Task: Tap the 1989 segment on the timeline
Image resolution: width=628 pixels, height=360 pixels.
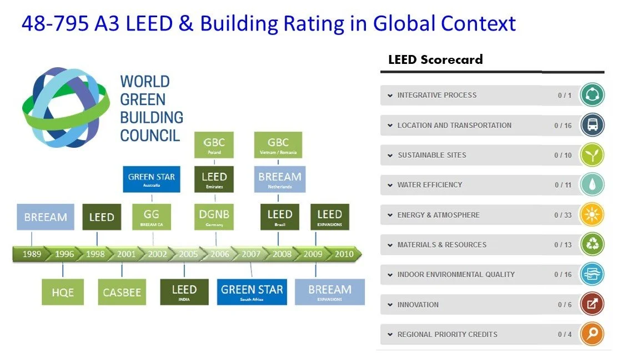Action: (x=32, y=254)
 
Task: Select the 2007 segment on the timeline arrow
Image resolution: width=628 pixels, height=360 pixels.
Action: (x=251, y=254)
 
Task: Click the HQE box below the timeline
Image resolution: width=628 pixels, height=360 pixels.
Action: (x=63, y=292)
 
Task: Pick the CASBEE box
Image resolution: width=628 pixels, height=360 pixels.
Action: (x=122, y=292)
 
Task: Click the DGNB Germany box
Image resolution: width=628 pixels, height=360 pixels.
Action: (x=214, y=217)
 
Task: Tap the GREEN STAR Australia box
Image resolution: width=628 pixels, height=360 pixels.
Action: (x=152, y=179)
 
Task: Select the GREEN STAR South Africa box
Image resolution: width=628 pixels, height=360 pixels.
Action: (x=252, y=292)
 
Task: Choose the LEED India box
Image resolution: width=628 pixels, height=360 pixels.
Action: (x=184, y=292)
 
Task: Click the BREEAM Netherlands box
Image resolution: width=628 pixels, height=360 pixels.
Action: (x=280, y=179)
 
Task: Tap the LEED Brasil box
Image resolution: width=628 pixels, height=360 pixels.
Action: (x=280, y=217)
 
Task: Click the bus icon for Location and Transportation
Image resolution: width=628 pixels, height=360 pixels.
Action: (x=592, y=125)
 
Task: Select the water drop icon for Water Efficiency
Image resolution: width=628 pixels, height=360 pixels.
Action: (x=592, y=185)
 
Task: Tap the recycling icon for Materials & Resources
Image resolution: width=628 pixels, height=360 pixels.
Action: (x=592, y=244)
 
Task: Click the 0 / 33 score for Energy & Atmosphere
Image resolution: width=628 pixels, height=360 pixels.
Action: (x=562, y=215)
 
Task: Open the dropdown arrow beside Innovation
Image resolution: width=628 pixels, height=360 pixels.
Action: (x=390, y=305)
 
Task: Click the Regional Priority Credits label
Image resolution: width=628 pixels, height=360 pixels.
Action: (x=447, y=334)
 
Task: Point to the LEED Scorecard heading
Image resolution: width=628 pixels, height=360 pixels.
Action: (x=435, y=60)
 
